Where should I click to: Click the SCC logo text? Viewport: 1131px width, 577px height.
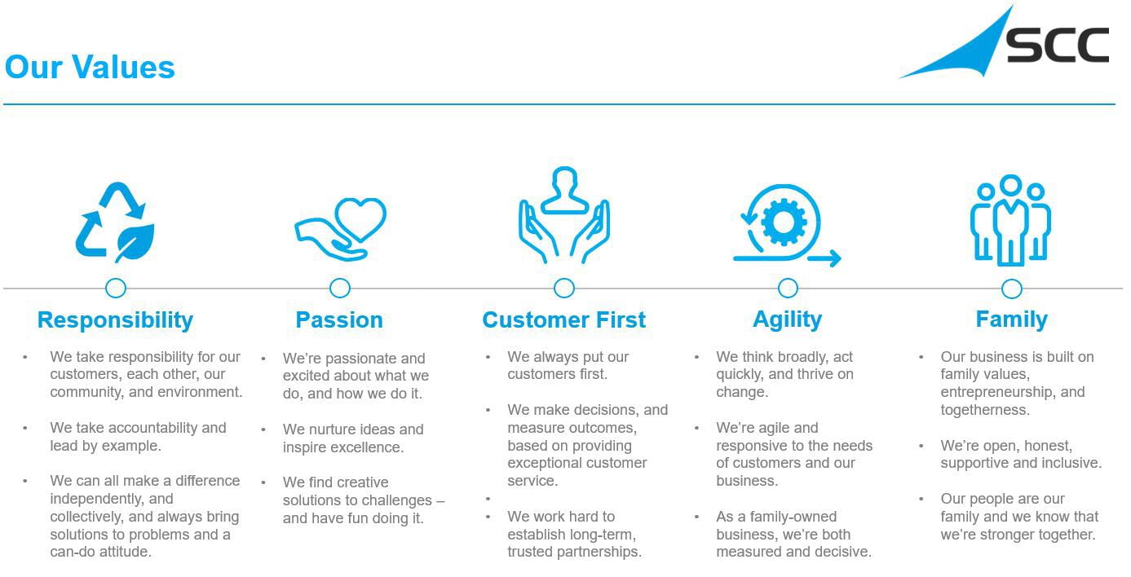tap(1058, 45)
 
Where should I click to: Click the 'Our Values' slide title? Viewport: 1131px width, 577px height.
tap(90, 67)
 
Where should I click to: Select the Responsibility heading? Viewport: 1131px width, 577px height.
tap(115, 320)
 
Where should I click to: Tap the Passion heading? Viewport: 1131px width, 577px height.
tap(338, 320)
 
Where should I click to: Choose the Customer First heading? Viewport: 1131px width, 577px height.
tap(564, 320)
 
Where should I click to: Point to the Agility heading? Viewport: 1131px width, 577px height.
tap(787, 320)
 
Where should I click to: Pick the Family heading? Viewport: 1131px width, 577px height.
tap(1011, 320)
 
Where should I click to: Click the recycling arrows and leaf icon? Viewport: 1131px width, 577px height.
tap(115, 222)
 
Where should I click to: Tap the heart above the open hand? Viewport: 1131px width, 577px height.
tap(360, 219)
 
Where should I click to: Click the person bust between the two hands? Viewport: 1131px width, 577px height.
tap(564, 191)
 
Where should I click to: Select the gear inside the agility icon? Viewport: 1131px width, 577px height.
tap(784, 222)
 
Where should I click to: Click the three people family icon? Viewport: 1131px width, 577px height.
tap(1010, 220)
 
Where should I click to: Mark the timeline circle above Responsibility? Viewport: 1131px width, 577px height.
tap(116, 288)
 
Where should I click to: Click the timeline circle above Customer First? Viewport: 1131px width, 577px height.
tap(564, 288)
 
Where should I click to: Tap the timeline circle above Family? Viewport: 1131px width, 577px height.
tap(1012, 288)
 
